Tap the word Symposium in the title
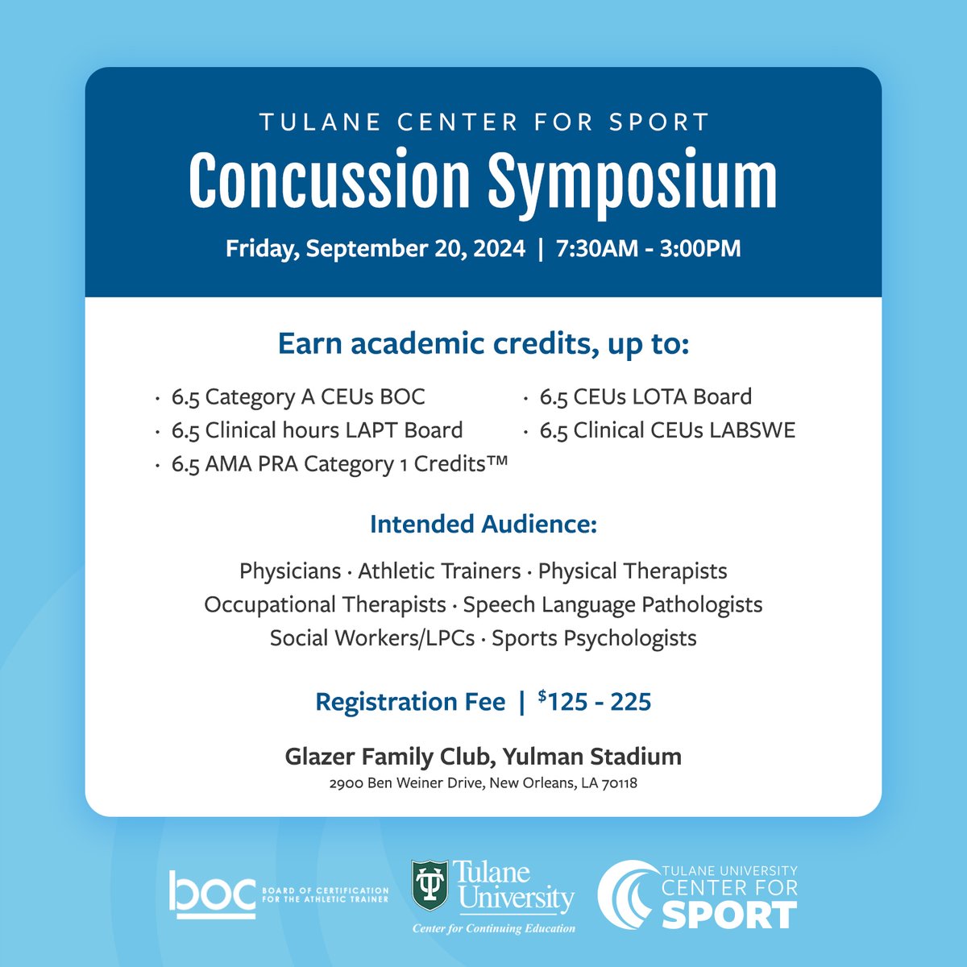(x=633, y=182)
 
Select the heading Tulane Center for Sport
(x=483, y=122)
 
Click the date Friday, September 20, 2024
(x=375, y=248)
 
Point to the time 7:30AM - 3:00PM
(x=648, y=248)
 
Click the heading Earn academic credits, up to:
(x=483, y=344)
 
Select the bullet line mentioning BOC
(x=298, y=396)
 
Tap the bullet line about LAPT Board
(x=317, y=430)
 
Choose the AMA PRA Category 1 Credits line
(x=339, y=464)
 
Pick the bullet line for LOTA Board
(x=645, y=396)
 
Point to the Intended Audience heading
(x=483, y=525)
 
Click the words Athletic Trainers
(x=439, y=571)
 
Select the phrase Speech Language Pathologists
(x=612, y=604)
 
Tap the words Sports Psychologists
(x=594, y=638)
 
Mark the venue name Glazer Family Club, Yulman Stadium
(x=483, y=757)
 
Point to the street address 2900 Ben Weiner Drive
(x=404, y=783)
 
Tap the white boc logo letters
(x=211, y=894)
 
